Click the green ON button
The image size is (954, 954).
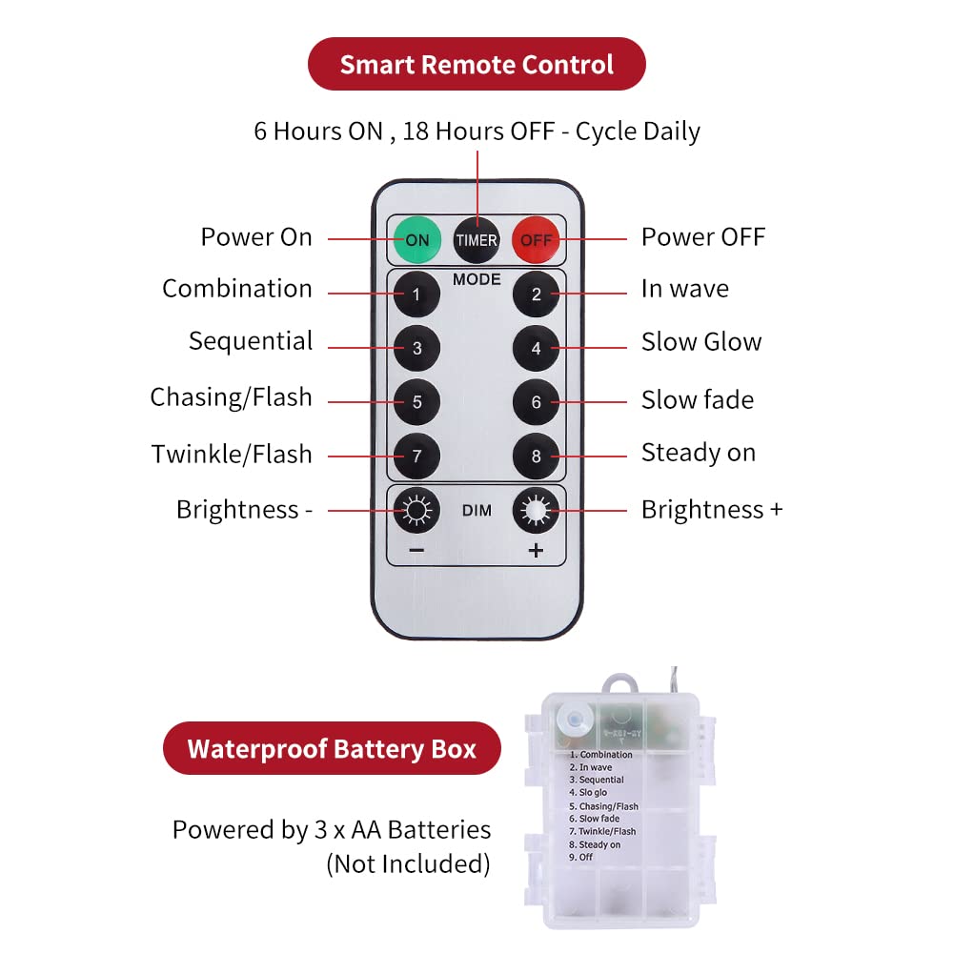(x=416, y=239)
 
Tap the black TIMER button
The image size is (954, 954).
(x=477, y=239)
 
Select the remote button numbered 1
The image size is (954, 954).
(x=416, y=294)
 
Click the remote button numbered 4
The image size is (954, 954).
(x=536, y=348)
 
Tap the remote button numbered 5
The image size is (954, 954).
(x=416, y=402)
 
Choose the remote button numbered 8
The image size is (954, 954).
(x=536, y=457)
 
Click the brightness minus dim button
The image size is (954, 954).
(x=416, y=512)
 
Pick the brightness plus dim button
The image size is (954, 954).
(x=536, y=512)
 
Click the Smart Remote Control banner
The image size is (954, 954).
(x=477, y=65)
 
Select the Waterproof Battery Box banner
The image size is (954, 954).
(x=332, y=748)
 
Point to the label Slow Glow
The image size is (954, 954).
(x=701, y=342)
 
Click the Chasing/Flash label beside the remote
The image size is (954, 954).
(x=231, y=397)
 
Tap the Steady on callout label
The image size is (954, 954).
(x=698, y=453)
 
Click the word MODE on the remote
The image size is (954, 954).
(x=477, y=279)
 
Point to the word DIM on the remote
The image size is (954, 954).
(x=477, y=511)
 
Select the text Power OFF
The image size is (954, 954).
(x=702, y=237)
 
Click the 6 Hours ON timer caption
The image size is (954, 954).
(x=477, y=131)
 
